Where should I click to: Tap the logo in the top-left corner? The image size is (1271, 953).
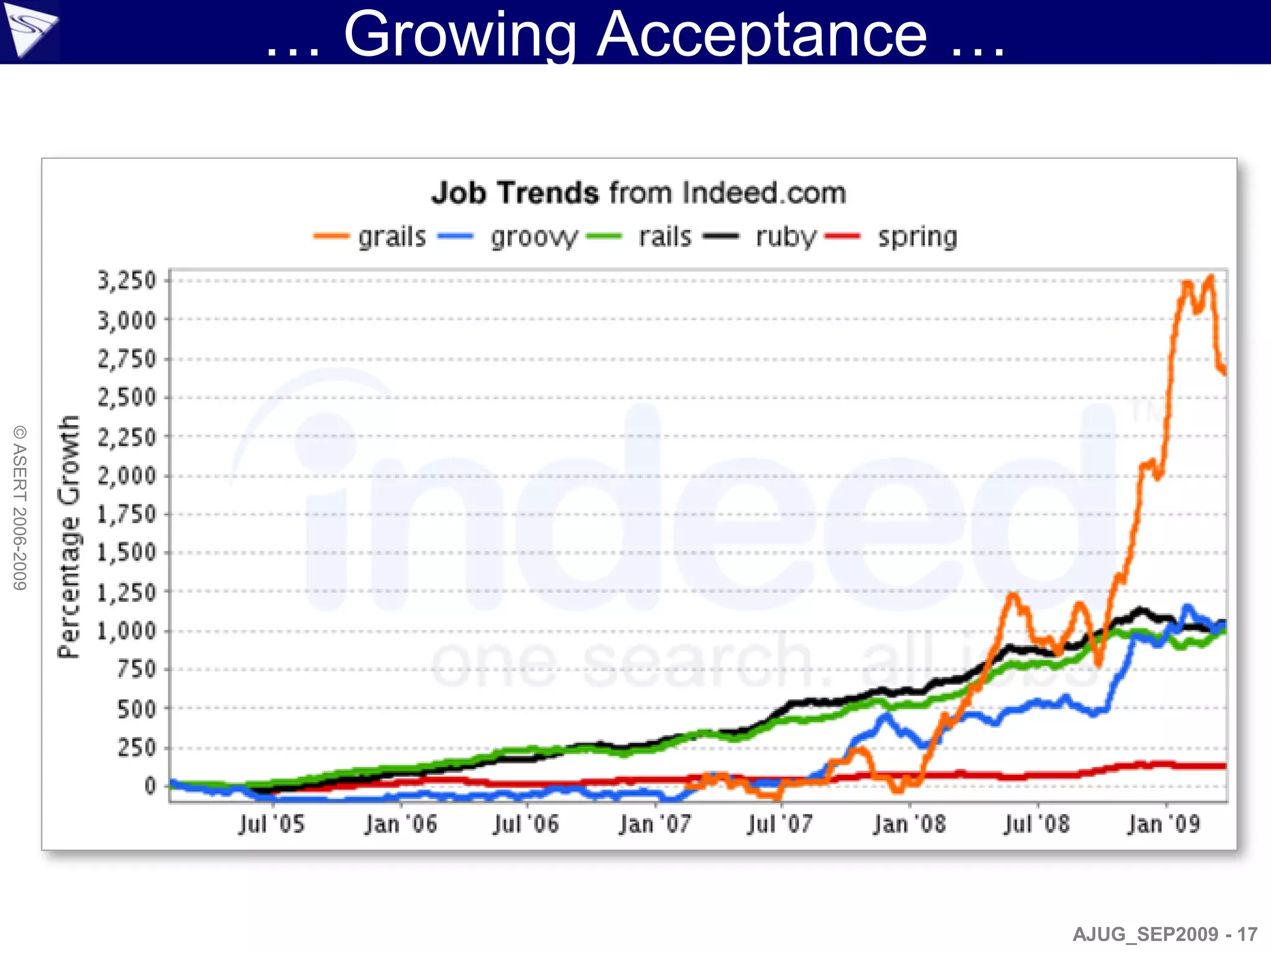(x=29, y=30)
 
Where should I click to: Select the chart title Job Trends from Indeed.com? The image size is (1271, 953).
(x=639, y=193)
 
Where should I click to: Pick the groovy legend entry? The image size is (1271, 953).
(x=508, y=237)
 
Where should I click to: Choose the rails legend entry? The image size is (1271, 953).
(x=639, y=237)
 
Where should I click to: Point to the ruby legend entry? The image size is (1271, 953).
(x=760, y=237)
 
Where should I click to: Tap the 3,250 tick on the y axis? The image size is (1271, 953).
(x=127, y=280)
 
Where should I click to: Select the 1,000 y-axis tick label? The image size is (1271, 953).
(x=127, y=631)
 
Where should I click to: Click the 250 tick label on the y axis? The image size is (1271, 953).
(x=137, y=748)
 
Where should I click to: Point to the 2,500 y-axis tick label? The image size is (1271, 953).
(x=127, y=397)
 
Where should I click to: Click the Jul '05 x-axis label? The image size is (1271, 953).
(x=272, y=825)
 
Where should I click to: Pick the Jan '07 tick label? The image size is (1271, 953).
(x=655, y=825)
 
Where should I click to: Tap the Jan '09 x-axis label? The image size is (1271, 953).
(x=1164, y=825)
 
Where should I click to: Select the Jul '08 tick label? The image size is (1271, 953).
(x=1037, y=825)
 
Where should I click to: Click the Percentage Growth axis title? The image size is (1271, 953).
(x=70, y=537)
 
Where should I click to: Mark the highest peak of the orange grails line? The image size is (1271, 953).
(x=1210, y=277)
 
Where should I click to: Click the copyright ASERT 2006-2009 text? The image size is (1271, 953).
(x=20, y=508)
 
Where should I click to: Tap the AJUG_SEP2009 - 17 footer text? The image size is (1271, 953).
(x=1165, y=934)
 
